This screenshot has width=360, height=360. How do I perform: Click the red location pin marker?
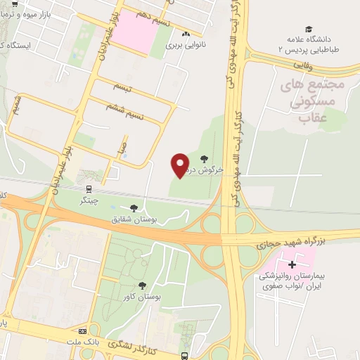click(181, 165)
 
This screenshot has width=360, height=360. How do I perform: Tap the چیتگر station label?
click(89, 200)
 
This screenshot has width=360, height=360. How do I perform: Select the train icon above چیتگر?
click(89, 189)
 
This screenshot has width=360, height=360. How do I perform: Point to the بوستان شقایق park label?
click(132, 219)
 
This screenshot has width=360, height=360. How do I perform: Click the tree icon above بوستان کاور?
click(142, 285)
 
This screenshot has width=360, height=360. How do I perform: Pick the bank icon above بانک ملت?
click(83, 331)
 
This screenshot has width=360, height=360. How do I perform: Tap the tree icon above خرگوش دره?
click(205, 159)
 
